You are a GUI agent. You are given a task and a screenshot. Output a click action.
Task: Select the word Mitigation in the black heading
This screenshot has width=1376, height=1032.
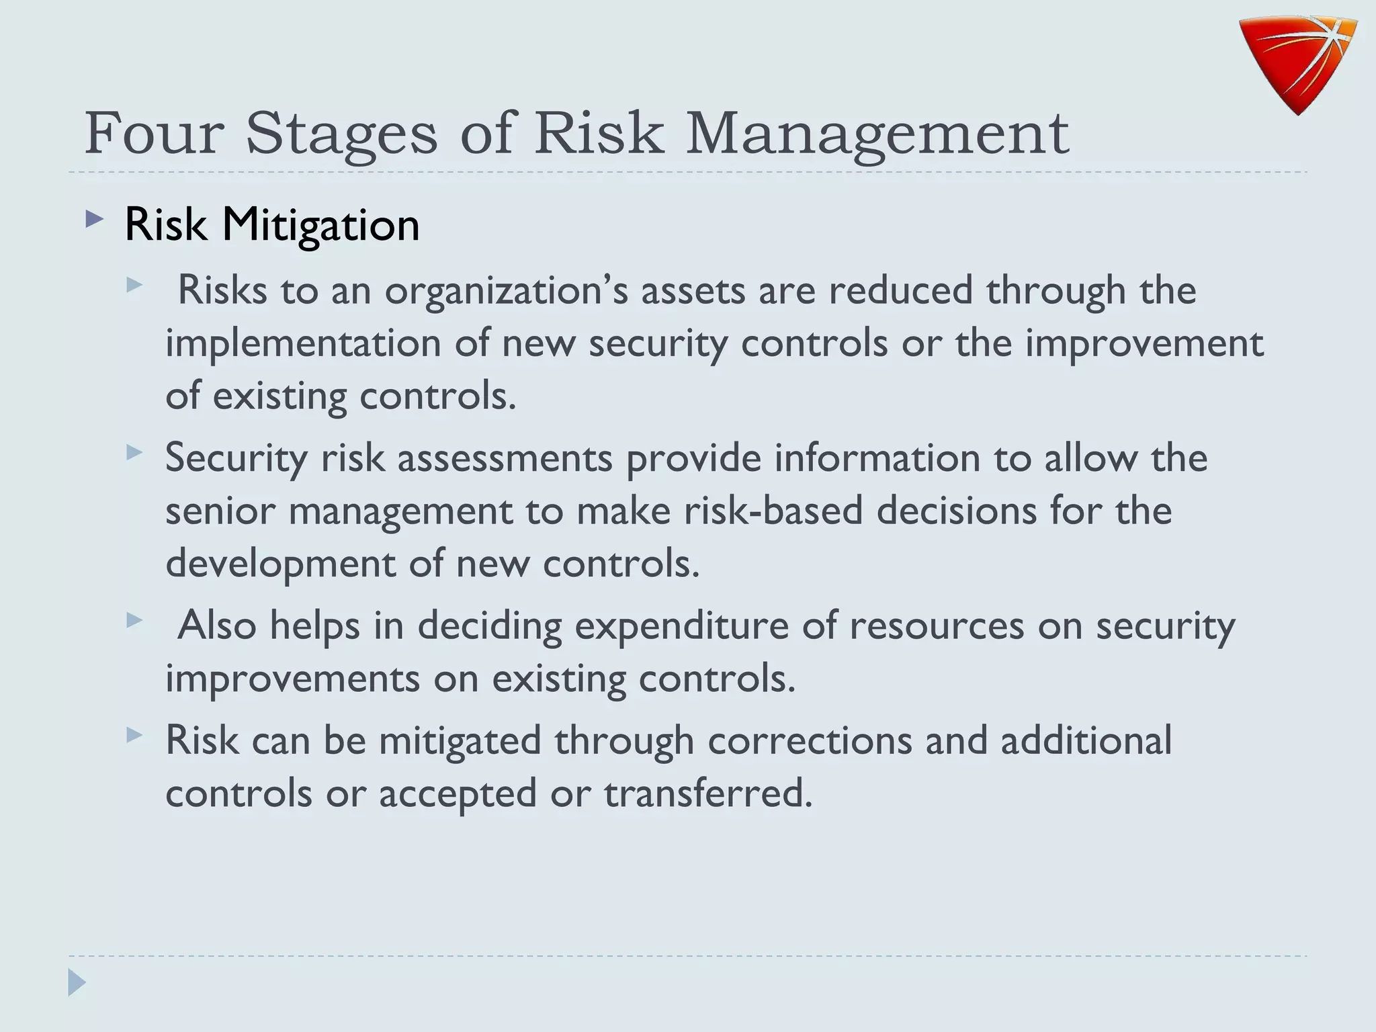320,224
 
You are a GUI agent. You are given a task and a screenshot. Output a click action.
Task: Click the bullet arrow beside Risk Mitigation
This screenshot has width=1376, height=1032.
95,220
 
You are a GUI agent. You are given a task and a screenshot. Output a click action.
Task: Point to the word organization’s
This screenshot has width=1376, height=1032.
507,290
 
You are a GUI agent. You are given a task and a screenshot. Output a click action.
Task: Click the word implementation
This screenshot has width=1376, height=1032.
303,343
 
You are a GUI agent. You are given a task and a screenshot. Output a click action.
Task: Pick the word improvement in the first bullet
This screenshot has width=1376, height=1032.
1144,343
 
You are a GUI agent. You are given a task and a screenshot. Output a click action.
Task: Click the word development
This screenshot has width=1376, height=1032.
280,563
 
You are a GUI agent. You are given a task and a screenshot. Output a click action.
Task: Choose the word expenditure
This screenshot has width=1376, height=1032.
681,626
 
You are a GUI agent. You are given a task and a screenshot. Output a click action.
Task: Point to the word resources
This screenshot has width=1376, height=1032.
937,626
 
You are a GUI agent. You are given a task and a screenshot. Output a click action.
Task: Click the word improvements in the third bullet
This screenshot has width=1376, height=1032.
292,679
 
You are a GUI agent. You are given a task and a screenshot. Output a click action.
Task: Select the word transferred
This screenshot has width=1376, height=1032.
708,793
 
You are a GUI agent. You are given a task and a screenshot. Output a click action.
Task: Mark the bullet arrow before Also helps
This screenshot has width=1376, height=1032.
134,620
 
